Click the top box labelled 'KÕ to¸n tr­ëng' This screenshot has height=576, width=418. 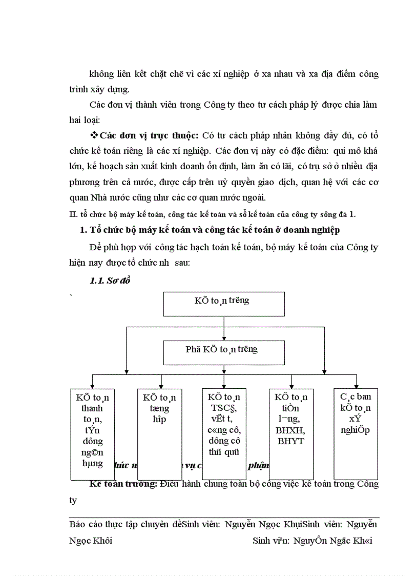click(224, 304)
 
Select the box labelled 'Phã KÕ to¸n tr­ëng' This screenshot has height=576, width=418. click(224, 353)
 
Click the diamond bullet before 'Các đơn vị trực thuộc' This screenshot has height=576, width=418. click(94, 135)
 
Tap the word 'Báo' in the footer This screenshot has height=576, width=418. click(77, 525)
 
